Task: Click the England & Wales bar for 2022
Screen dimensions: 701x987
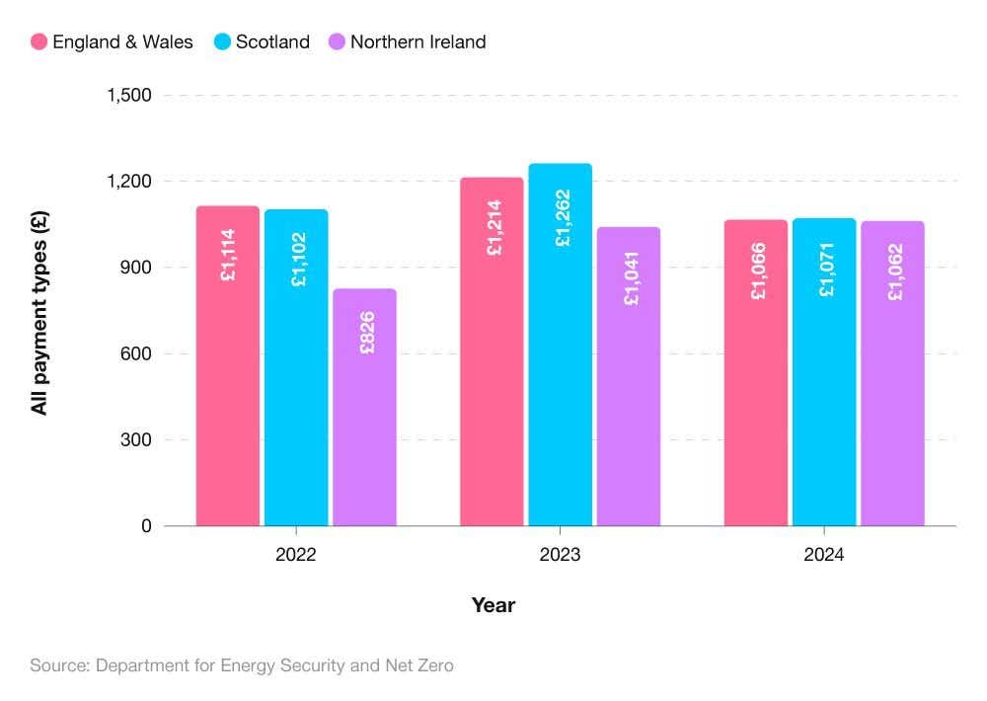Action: (x=228, y=365)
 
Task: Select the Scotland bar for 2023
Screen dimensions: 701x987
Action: (x=561, y=345)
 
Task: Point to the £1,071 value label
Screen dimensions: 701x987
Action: (x=826, y=270)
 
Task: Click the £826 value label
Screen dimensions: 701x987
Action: (x=366, y=333)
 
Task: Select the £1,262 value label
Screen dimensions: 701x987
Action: (x=562, y=217)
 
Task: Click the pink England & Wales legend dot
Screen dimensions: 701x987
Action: (x=39, y=41)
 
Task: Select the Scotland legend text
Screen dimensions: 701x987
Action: (x=272, y=41)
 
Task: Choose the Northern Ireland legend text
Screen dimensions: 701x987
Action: (x=418, y=41)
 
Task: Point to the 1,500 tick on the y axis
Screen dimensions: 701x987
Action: (x=129, y=96)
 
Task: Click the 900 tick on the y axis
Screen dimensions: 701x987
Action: (x=137, y=268)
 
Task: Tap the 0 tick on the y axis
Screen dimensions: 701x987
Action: (x=146, y=526)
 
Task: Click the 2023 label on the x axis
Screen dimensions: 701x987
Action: (x=560, y=555)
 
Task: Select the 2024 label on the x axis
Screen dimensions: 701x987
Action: (x=824, y=555)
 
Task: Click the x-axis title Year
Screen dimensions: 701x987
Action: (x=493, y=605)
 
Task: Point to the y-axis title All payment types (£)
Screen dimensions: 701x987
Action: (x=40, y=311)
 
